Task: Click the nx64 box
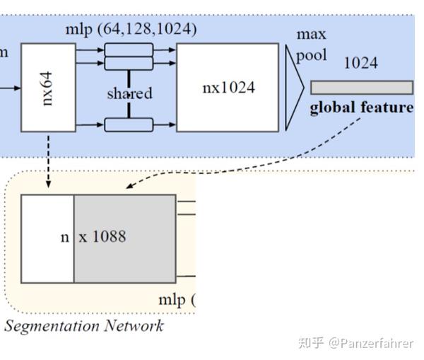[48, 87]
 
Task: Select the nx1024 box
[228, 87]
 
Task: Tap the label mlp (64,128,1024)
[131, 30]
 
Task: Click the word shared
[129, 93]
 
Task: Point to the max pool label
[311, 45]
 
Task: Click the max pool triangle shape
[294, 88]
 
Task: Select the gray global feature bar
[361, 88]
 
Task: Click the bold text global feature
[361, 108]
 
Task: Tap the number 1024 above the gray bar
[360, 63]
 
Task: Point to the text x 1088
[102, 237]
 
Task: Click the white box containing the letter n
[47, 238]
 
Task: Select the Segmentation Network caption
[83, 326]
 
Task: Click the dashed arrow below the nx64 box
[48, 159]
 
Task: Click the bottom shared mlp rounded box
[129, 125]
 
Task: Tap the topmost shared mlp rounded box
[129, 50]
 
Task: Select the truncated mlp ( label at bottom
[175, 300]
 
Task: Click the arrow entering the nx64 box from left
[10, 88]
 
